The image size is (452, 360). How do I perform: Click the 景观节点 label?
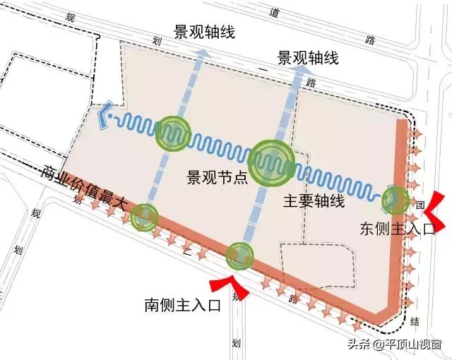coord(217,176)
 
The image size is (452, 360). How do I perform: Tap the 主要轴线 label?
coord(314,200)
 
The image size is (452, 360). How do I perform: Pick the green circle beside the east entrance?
coord(394,201)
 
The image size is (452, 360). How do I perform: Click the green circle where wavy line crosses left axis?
coord(174,132)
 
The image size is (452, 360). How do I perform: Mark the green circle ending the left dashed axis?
coord(144,215)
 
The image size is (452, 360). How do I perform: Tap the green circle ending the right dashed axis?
coord(239,256)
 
